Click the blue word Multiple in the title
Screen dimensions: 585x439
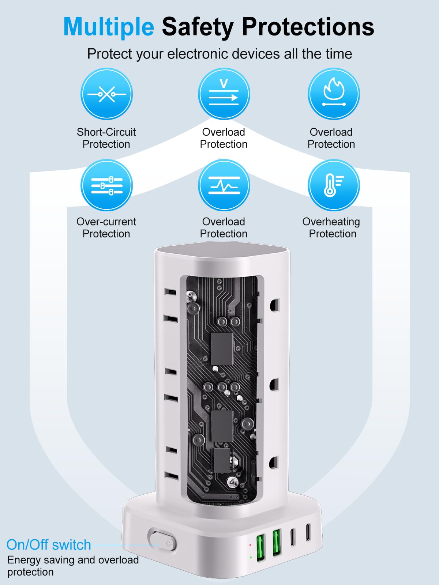109,27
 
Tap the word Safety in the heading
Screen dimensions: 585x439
198,27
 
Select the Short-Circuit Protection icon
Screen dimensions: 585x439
106,94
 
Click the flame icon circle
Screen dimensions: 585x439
333,94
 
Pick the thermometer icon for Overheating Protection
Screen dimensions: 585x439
333,185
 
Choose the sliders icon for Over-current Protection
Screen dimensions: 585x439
106,185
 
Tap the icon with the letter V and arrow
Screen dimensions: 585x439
224,94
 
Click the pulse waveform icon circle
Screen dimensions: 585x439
224,185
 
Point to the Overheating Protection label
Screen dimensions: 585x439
331,227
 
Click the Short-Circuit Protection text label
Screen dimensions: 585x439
106,138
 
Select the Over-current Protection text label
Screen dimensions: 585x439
106,227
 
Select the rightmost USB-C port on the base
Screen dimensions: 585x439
308,532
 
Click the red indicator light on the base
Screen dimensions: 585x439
250,545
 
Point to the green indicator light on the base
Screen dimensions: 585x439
250,558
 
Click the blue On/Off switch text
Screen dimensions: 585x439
49,545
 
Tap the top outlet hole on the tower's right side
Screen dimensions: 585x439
274,305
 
